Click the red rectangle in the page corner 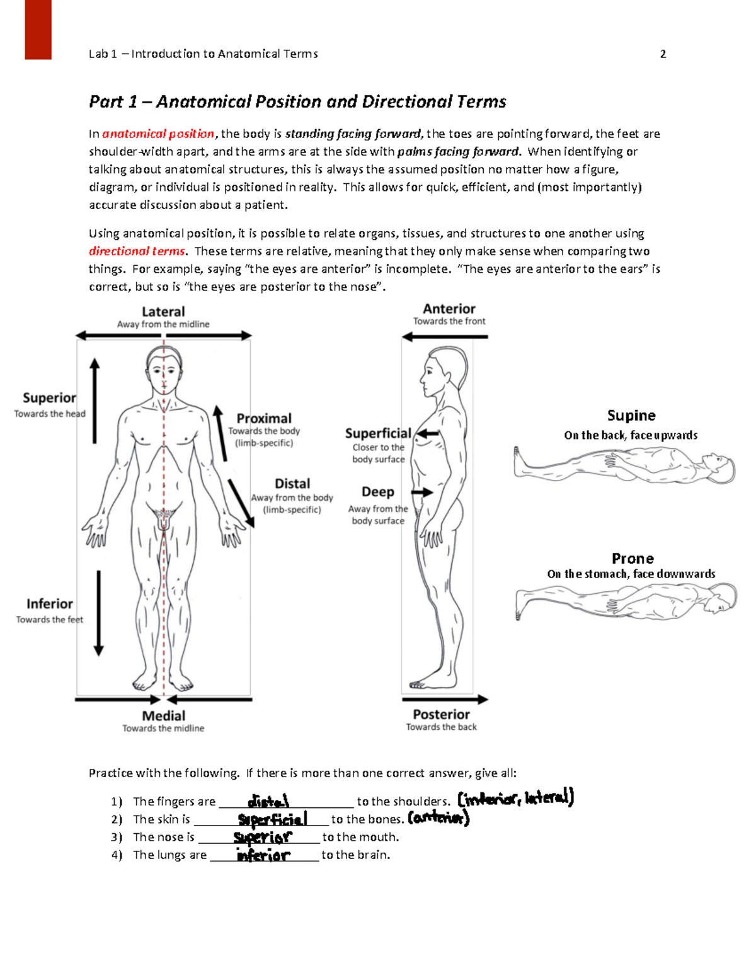(x=38, y=29)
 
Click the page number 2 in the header (x=663, y=54)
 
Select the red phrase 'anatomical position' (x=158, y=134)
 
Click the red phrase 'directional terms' (x=137, y=251)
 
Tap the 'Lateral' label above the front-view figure (x=163, y=312)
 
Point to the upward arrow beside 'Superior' (x=94, y=401)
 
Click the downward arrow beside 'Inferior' (x=98, y=613)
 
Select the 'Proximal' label (x=264, y=419)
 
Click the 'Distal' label (x=292, y=484)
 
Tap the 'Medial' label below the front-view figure (x=163, y=716)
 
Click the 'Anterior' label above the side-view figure (x=449, y=309)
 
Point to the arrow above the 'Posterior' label (x=445, y=699)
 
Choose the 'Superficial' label (x=378, y=433)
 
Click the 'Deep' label (x=378, y=492)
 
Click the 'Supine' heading (x=631, y=416)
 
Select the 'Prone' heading (x=633, y=559)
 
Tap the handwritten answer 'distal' (x=268, y=801)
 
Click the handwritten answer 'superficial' (x=273, y=819)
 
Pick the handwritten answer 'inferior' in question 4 (x=263, y=855)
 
